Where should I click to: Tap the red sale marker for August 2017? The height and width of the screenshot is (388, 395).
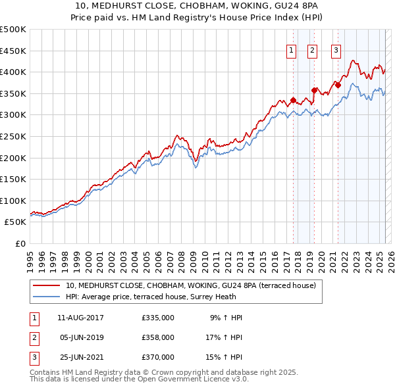tap(293, 100)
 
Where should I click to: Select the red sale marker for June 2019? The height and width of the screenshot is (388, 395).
tap(314, 90)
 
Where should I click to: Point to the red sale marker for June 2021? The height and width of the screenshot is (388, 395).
tap(338, 85)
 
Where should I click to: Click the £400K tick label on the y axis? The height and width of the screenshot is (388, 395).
tap(13, 72)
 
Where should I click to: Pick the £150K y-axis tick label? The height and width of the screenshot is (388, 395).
tap(13, 179)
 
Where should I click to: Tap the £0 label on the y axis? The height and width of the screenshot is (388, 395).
tap(19, 243)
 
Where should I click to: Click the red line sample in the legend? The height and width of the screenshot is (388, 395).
tap(47, 285)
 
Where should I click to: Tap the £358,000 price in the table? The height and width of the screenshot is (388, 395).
tap(158, 337)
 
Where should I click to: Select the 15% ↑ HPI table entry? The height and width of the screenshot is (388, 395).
tap(223, 357)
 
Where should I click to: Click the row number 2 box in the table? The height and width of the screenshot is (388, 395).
tap(32, 337)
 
